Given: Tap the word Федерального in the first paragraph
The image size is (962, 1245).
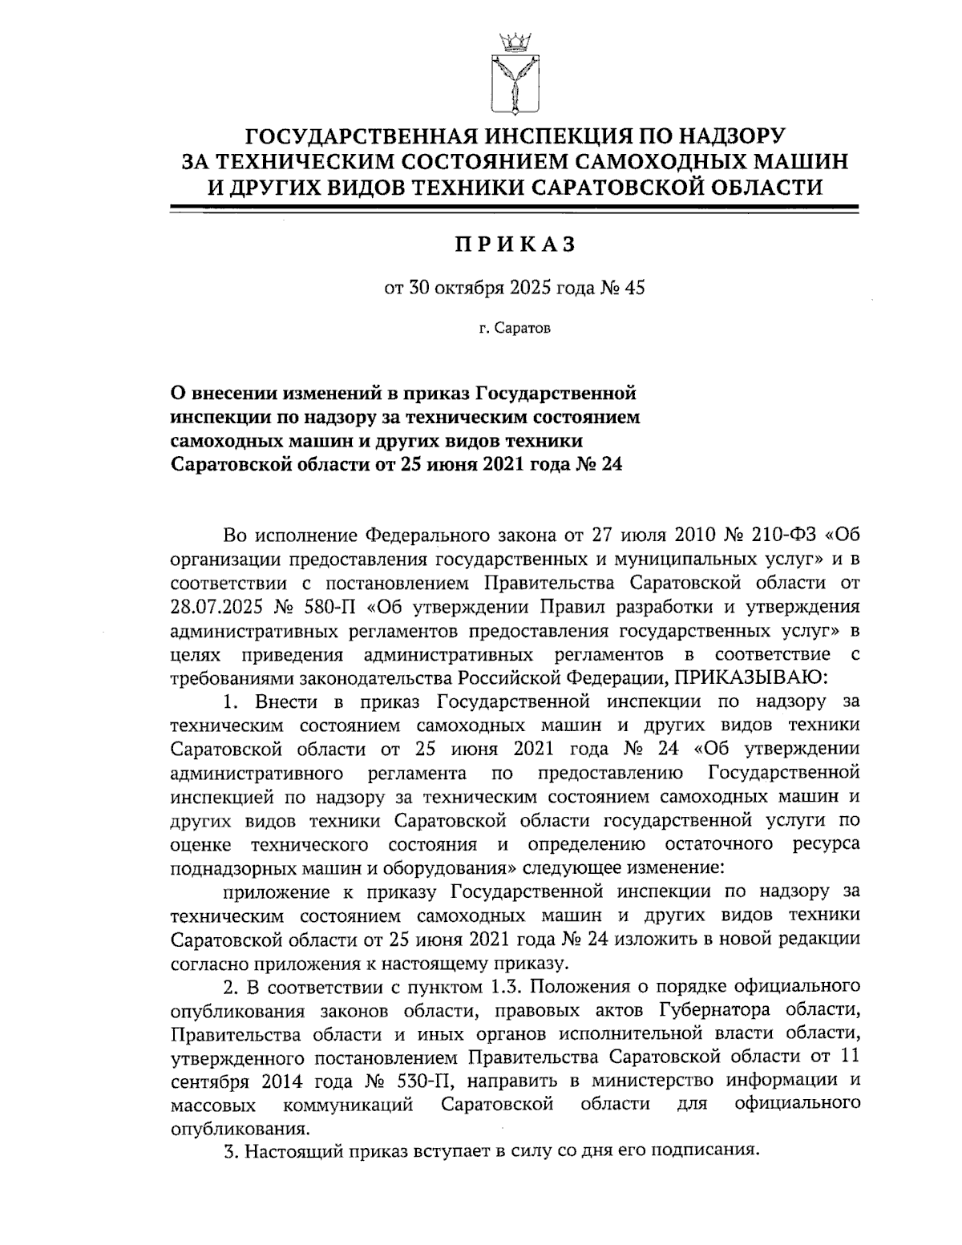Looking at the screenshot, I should [417, 533].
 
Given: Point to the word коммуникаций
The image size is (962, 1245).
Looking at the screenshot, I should [348, 1105].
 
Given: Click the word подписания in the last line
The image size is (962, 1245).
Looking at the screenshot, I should [704, 1151].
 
